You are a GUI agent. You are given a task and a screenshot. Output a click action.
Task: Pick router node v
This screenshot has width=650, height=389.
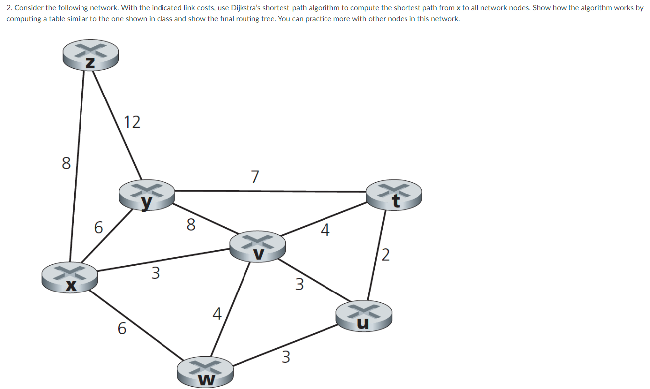[x=257, y=246]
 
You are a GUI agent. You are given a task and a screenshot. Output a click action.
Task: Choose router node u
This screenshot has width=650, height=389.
[x=364, y=315]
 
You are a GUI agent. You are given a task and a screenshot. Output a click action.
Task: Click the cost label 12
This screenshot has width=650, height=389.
[x=132, y=122]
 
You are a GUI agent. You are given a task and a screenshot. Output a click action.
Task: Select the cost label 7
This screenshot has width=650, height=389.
[x=255, y=177]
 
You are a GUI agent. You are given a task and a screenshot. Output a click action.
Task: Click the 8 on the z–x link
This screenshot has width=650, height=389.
[x=66, y=163]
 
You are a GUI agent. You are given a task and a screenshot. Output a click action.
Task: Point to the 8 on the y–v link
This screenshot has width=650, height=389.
[x=191, y=225]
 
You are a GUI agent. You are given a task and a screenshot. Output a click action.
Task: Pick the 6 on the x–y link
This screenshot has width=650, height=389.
[x=99, y=228]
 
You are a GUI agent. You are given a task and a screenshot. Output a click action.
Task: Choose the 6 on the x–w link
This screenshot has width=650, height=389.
[x=122, y=328]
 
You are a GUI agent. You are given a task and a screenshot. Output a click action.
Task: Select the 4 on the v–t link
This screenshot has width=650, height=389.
[x=325, y=230]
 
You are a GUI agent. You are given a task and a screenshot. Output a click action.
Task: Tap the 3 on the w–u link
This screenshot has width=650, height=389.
[x=286, y=357]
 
